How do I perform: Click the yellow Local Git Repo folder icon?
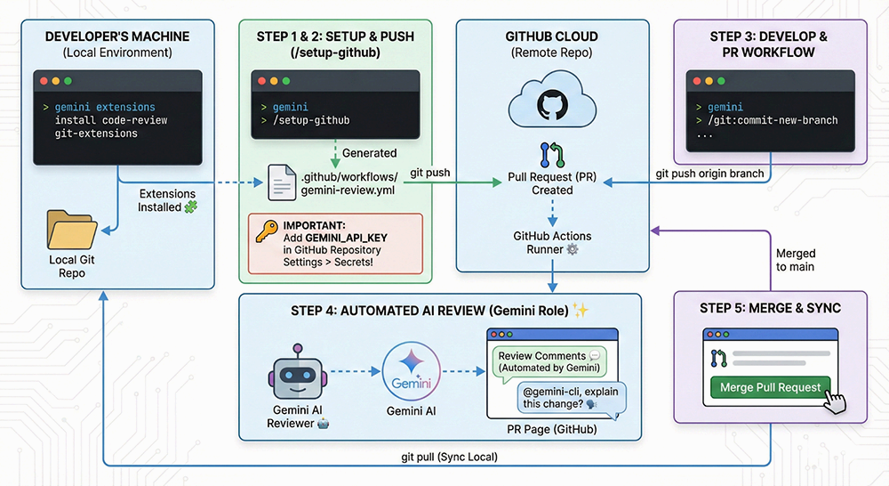tap(71, 229)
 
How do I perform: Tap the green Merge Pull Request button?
tap(770, 388)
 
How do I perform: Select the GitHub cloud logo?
tap(551, 105)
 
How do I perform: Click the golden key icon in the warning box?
tap(265, 234)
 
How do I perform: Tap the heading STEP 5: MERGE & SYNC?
tap(770, 308)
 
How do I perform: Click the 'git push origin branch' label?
tap(709, 173)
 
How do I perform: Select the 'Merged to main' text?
tap(796, 260)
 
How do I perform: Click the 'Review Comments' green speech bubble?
tap(548, 361)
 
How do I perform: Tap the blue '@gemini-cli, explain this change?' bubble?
tap(571, 397)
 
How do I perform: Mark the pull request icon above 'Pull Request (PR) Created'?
tap(551, 154)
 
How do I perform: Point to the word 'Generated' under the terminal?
tap(369, 153)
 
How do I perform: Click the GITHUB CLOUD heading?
tap(552, 36)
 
